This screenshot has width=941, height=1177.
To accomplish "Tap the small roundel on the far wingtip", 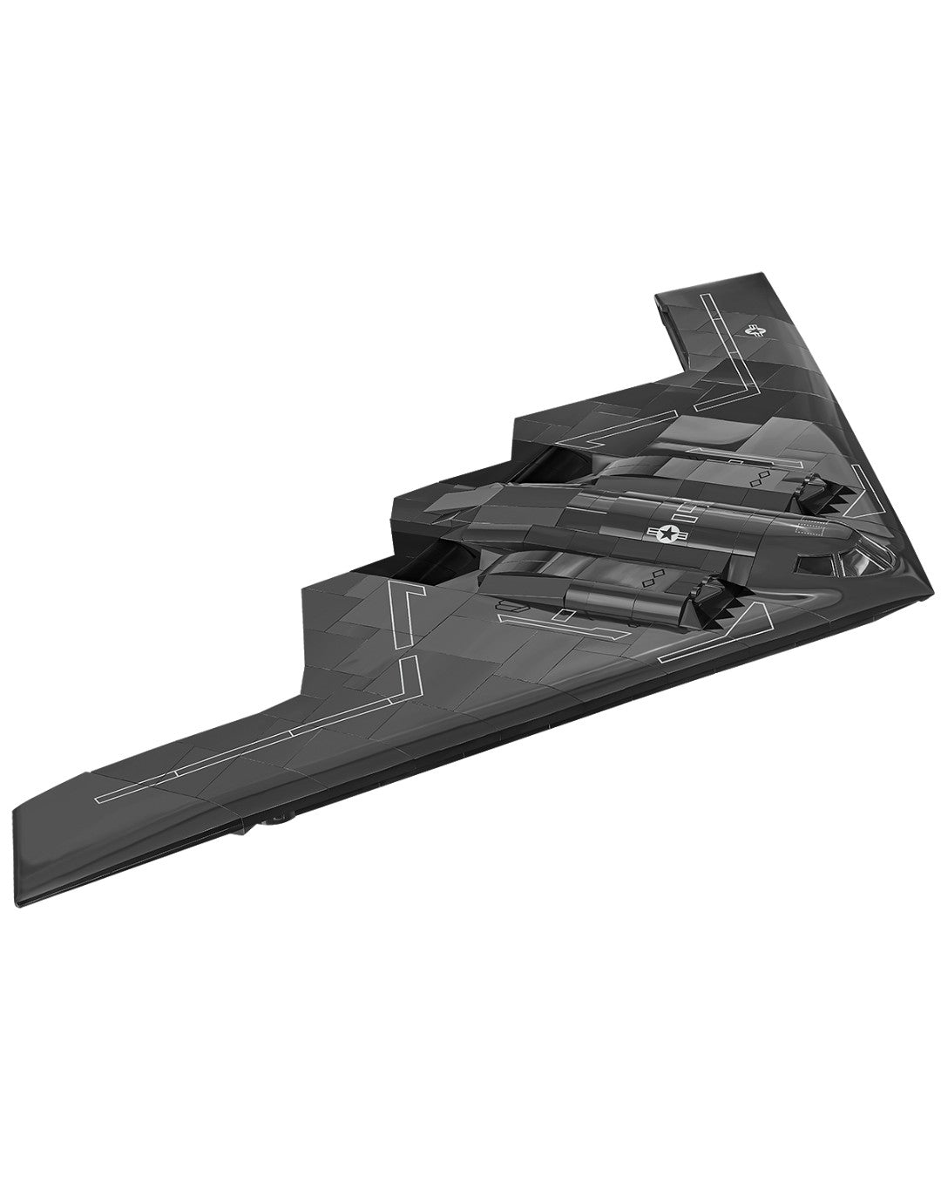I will (755, 330).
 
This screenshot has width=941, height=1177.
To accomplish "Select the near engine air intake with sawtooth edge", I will (709, 607).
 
